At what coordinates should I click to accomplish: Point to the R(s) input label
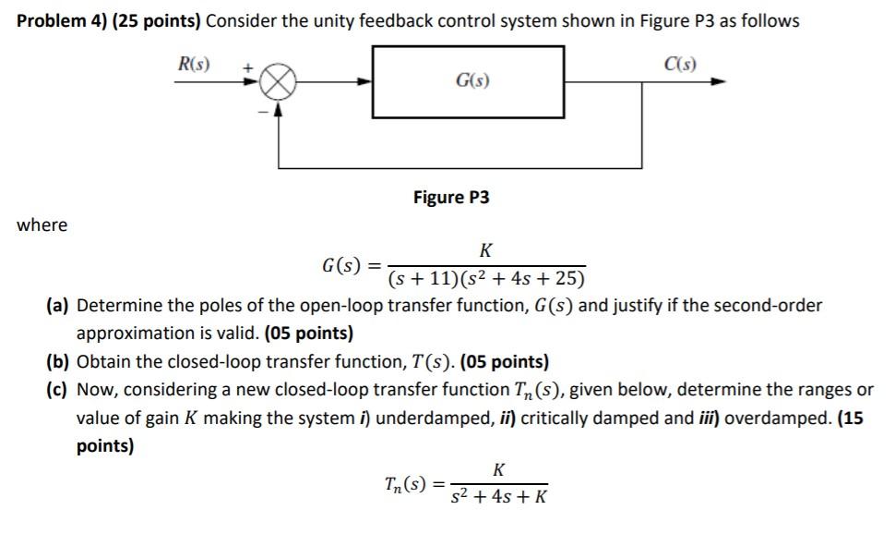(194, 65)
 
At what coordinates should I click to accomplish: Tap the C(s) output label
(679, 65)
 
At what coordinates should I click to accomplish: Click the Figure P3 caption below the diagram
(451, 198)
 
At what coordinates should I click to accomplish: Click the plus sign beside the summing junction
(248, 67)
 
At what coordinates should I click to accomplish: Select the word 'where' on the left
(42, 224)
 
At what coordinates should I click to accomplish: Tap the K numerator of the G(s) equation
(485, 250)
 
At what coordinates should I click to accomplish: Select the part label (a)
(59, 306)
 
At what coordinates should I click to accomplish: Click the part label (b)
(59, 362)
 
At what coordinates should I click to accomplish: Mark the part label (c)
(59, 390)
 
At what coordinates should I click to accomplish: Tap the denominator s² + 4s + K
(498, 497)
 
